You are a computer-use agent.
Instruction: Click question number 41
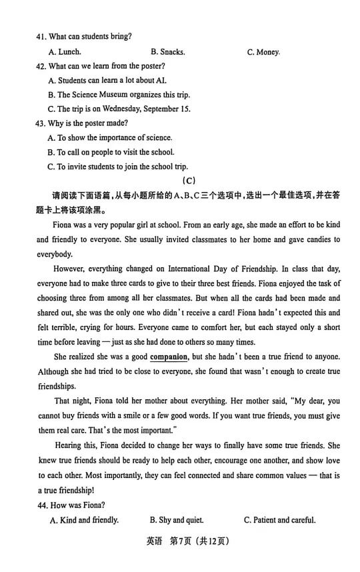click(42, 36)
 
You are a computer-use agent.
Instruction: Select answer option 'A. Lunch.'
click(65, 51)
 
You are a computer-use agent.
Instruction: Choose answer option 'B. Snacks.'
click(167, 51)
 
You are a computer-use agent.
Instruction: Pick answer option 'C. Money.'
click(263, 51)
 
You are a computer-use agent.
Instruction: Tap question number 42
click(42, 66)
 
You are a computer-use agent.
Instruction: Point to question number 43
click(42, 123)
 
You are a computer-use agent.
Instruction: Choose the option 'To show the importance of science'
click(110, 137)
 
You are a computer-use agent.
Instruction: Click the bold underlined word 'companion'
click(168, 357)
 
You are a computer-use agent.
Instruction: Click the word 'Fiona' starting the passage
click(63, 225)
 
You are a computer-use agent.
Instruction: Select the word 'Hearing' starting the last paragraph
click(68, 445)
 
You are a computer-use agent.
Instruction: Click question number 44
click(42, 505)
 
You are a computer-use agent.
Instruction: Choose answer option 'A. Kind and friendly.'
click(83, 520)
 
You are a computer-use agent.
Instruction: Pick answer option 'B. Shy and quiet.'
click(177, 520)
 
